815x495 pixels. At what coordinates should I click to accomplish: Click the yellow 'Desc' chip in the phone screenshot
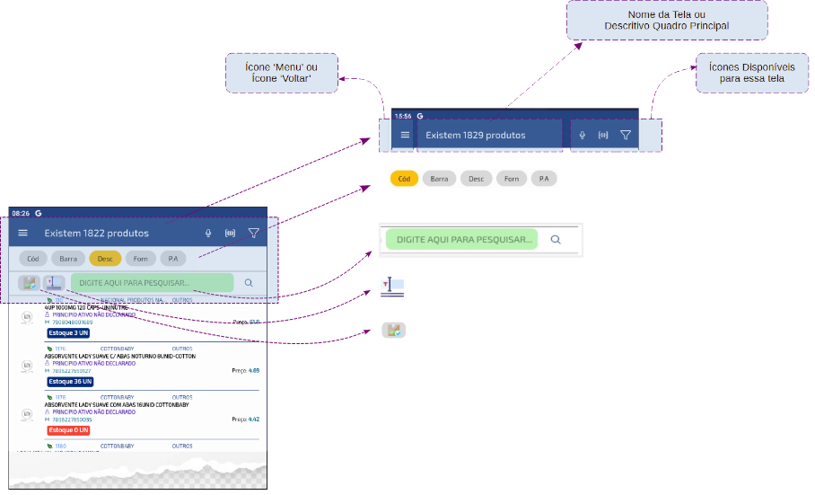tap(105, 259)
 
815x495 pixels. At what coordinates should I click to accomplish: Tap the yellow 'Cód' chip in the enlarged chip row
tap(404, 179)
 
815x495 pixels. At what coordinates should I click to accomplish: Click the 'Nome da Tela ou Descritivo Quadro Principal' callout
tap(666, 20)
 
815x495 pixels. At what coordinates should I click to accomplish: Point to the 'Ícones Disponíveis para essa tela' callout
tap(752, 73)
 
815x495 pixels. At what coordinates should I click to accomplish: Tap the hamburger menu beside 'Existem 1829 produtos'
tap(405, 136)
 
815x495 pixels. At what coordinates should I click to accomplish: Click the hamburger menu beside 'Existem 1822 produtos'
tap(23, 233)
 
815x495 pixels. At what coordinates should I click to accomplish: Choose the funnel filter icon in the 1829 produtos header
tap(626, 136)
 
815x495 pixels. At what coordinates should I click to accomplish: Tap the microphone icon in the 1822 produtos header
tap(208, 234)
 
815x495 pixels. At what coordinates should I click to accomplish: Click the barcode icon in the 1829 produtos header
tap(603, 136)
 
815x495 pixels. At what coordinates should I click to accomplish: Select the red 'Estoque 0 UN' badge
tap(68, 430)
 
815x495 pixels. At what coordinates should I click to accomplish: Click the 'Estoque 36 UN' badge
tap(69, 382)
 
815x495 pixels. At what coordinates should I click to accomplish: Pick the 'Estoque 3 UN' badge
tap(68, 332)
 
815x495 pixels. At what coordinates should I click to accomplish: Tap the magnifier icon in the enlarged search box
tap(556, 240)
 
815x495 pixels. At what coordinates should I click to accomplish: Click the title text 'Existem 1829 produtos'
tap(475, 136)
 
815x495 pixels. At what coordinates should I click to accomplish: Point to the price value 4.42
tap(254, 420)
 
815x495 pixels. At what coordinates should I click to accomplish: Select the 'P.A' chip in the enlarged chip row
tap(544, 179)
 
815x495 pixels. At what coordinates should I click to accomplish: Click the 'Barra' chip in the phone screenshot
tap(68, 259)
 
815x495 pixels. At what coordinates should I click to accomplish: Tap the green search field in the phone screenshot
tap(152, 283)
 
